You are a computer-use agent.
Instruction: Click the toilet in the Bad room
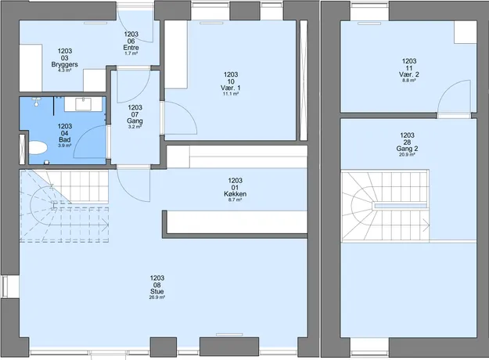(x=38, y=148)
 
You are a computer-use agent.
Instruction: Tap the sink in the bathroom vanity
(x=83, y=104)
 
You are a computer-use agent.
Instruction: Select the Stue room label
(x=156, y=291)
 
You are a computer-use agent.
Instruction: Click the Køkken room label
(x=236, y=194)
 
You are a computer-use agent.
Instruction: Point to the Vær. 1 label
(x=231, y=88)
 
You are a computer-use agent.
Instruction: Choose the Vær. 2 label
(x=409, y=74)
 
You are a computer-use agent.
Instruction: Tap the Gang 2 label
(x=407, y=149)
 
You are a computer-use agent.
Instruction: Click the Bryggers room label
(x=65, y=65)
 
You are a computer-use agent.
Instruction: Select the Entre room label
(x=131, y=48)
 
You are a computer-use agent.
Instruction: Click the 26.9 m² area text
(x=156, y=297)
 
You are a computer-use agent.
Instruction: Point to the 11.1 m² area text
(x=231, y=94)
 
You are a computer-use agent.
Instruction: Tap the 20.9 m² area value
(x=407, y=154)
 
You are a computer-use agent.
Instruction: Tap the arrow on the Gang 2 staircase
(x=426, y=225)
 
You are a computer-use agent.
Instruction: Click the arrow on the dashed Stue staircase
(x=106, y=225)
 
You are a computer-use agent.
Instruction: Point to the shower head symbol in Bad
(x=37, y=102)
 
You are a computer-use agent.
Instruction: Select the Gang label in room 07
(x=135, y=121)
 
